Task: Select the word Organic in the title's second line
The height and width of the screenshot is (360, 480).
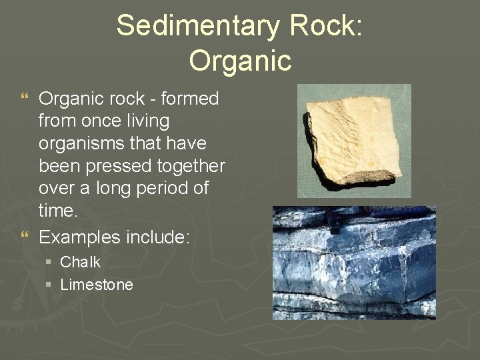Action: coord(240,60)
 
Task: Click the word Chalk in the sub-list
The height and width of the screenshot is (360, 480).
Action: coord(80,262)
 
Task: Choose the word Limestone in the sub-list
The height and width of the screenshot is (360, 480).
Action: coord(97,285)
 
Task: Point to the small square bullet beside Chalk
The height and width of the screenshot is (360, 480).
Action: coord(49,263)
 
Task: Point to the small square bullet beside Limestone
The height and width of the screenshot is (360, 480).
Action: coord(49,285)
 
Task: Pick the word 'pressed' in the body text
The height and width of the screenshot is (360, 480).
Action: coord(117,166)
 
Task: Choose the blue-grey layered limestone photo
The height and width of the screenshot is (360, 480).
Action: coord(354,263)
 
